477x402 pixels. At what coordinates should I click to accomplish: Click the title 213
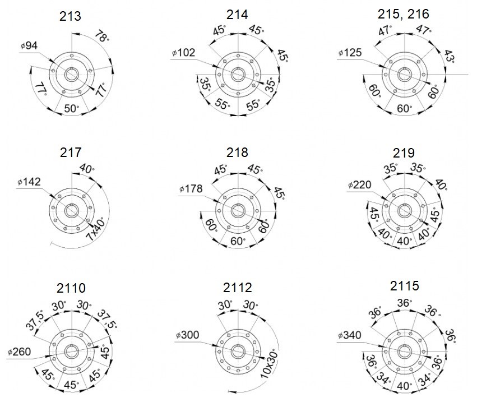[x=70, y=16]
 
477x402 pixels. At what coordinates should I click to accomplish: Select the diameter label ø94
[x=29, y=45]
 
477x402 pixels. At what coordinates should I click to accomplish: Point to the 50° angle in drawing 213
[x=72, y=108]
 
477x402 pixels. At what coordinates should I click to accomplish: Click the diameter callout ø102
[x=183, y=53]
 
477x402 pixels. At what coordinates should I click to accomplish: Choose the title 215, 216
[x=404, y=15]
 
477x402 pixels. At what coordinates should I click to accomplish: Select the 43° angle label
[x=450, y=57]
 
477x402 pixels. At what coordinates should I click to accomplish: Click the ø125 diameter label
[x=350, y=53]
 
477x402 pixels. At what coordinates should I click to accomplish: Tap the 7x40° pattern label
[x=96, y=229]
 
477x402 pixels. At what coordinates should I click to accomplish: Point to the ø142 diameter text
[x=29, y=182]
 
